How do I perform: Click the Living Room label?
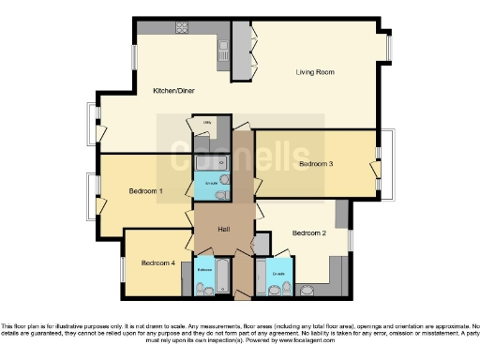click(x=315, y=71)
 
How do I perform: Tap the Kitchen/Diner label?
click(x=172, y=91)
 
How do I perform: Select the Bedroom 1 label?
click(x=147, y=191)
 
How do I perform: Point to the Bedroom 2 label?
click(x=308, y=233)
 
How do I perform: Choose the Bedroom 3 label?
click(x=316, y=164)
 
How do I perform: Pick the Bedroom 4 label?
click(x=158, y=263)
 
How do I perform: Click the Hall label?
click(x=224, y=231)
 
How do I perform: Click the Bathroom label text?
click(x=205, y=269)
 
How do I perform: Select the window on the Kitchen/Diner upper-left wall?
click(x=134, y=54)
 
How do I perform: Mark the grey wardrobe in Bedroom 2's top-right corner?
click(x=342, y=213)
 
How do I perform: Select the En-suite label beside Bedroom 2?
click(x=277, y=273)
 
